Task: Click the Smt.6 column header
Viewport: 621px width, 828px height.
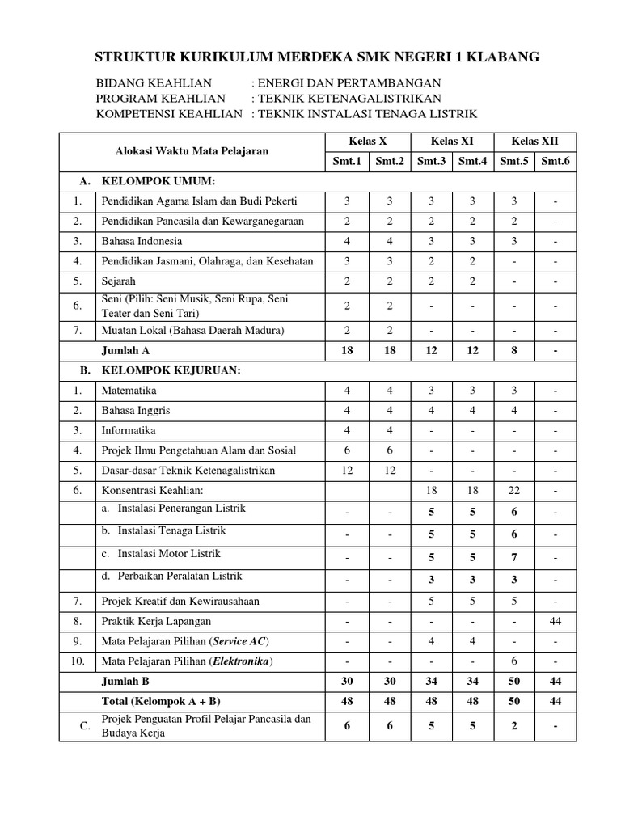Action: coord(556,161)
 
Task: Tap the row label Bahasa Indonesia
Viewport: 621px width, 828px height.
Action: coord(142,241)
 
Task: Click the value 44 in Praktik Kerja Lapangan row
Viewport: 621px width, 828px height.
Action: coord(556,621)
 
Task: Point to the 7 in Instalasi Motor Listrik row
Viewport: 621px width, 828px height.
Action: coord(514,558)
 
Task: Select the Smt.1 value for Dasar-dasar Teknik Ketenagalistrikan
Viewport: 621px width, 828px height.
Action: coord(347,470)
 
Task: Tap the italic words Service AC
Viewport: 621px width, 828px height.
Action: coord(241,641)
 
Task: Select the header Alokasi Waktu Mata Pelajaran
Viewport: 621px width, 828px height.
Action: coord(192,151)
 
